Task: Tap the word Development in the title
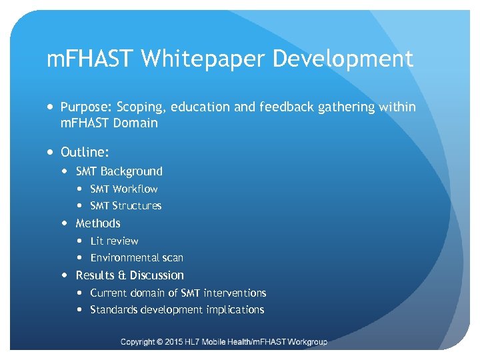343,59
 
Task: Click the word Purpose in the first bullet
85,107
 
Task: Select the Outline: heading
85,152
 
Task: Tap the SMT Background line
119,171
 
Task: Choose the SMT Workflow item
123,189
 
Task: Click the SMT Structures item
125,205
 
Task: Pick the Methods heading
98,223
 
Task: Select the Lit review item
114,241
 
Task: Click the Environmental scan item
137,257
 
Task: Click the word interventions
235,293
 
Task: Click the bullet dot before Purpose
51,107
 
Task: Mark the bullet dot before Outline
51,153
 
